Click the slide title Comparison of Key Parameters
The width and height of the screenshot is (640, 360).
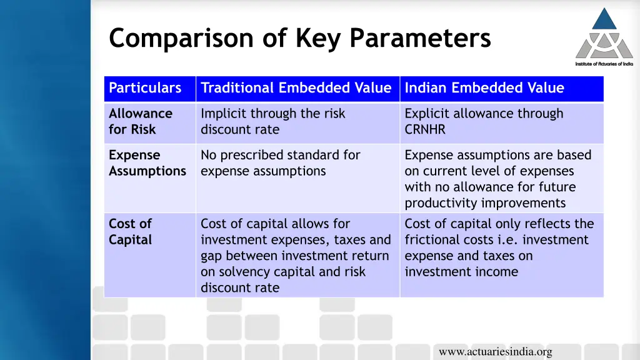point(300,38)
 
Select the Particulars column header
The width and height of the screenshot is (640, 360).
point(145,88)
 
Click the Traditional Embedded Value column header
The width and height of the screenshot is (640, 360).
point(296,88)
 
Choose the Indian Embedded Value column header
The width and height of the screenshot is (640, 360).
point(484,88)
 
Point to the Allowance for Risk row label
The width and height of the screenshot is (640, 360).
point(141,121)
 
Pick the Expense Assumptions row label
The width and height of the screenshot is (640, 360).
point(147,163)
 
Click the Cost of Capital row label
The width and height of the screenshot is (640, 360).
point(131,232)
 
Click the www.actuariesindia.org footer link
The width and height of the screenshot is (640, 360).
point(495,352)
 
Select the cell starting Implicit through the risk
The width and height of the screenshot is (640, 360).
point(272,121)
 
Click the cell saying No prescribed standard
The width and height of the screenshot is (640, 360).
point(280,163)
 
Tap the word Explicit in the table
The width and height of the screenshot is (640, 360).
point(427,114)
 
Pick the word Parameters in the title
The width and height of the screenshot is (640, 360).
point(420,38)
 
